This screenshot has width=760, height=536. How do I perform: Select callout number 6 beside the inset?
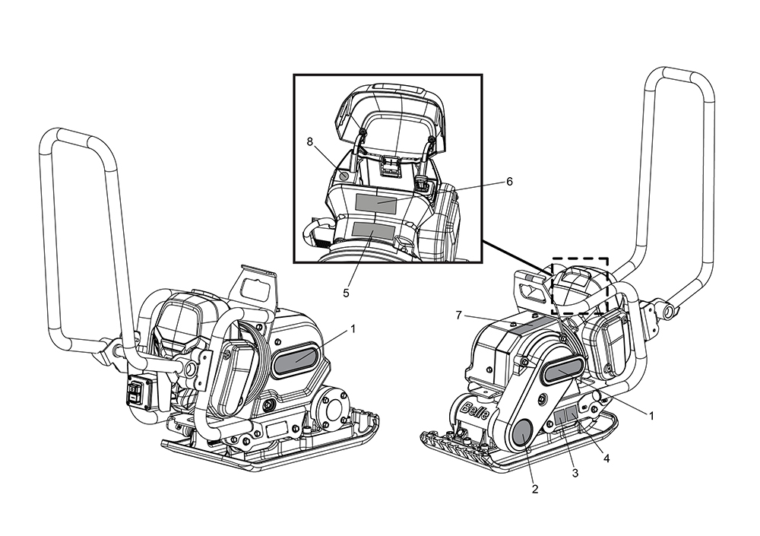(509, 181)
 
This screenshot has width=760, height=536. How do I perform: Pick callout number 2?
(534, 489)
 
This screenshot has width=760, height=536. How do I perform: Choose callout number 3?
(575, 473)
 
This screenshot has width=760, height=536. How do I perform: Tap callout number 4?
(606, 458)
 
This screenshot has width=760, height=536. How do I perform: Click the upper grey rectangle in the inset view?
(375, 203)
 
